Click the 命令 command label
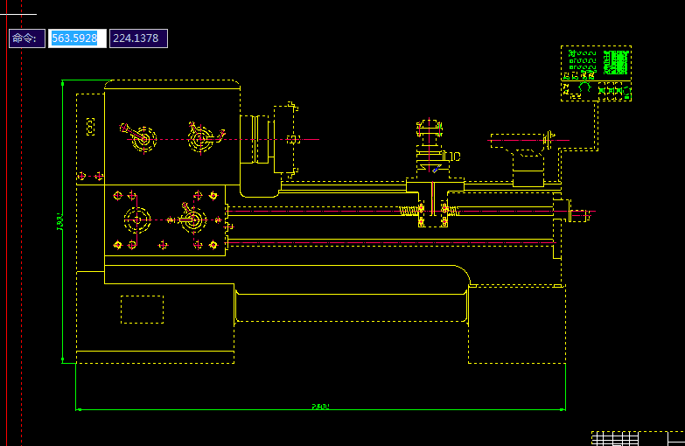[x=26, y=38]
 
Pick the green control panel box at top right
[x=597, y=73]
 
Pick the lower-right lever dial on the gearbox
[x=193, y=219]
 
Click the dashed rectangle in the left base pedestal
[x=142, y=310]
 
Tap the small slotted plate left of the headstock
[x=90, y=127]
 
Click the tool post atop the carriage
[x=430, y=144]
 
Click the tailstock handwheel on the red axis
[x=548, y=138]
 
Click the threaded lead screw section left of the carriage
[x=410, y=211]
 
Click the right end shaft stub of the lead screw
[x=581, y=213]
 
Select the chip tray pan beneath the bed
[x=350, y=306]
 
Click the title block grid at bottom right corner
[x=637, y=438]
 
